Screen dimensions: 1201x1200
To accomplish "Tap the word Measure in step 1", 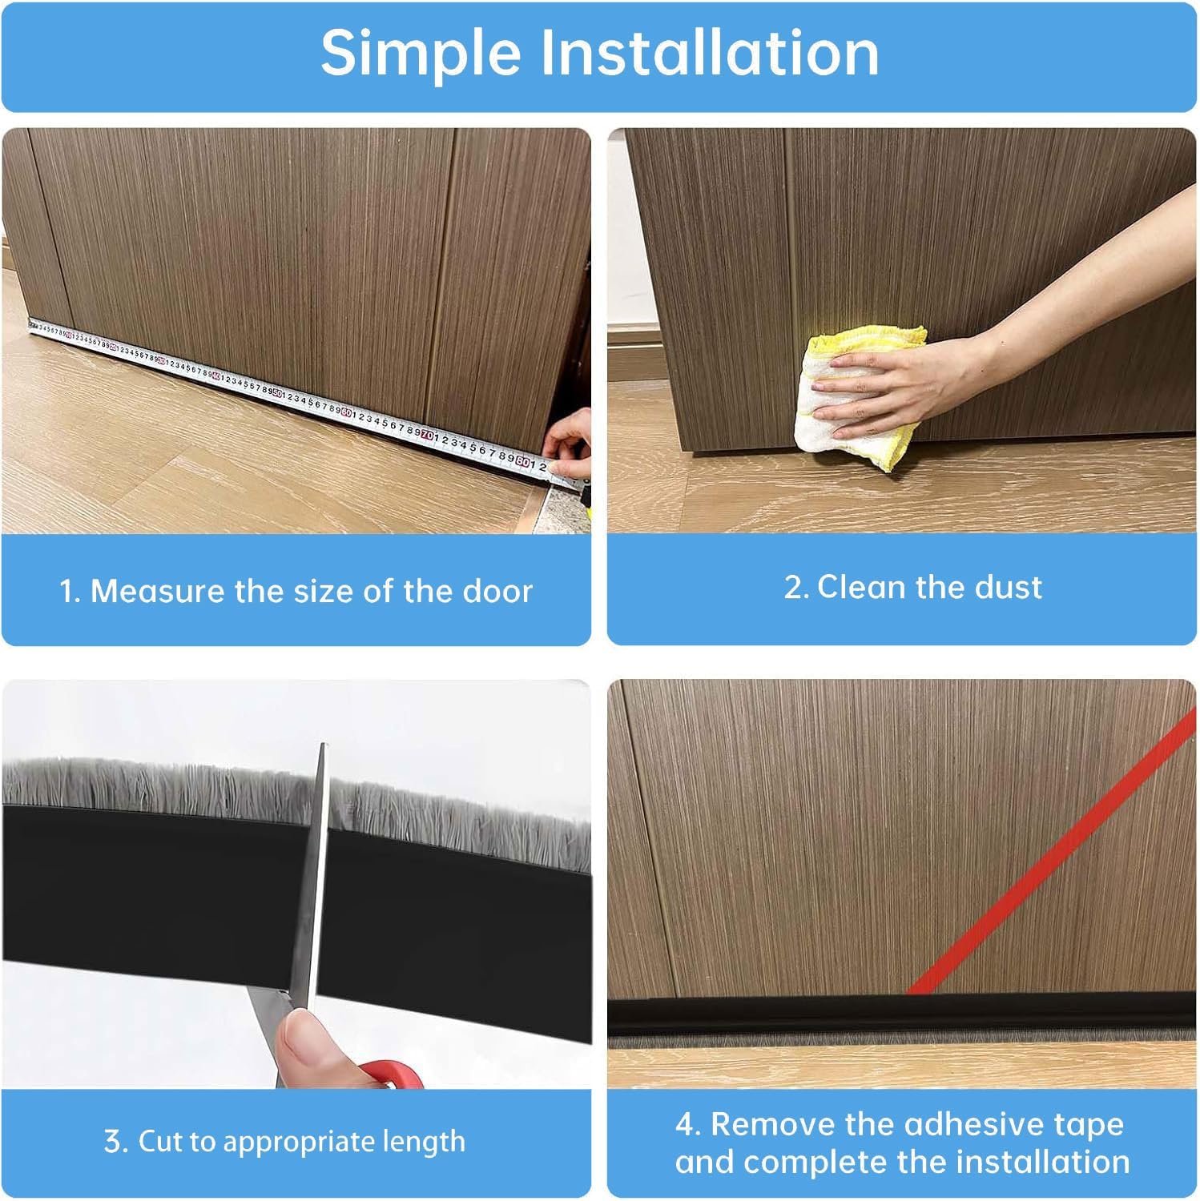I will pyautogui.click(x=157, y=592).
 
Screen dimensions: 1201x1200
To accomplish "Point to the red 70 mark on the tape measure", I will pyautogui.click(x=428, y=435).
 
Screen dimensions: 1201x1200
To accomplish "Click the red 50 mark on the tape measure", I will pyautogui.click(x=276, y=393).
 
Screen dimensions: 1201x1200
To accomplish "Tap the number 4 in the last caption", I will pyautogui.click(x=687, y=1125).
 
